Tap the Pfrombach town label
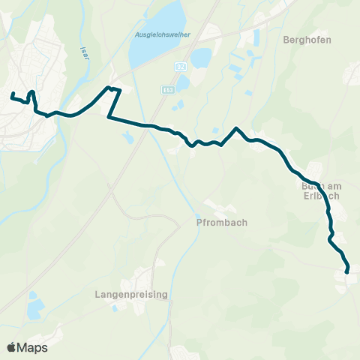coord(223,222)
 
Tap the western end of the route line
coord(12,94)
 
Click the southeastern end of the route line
coord(348,271)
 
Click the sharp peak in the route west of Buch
coord(236,128)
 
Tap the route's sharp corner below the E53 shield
coord(109,117)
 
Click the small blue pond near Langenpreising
coord(34,307)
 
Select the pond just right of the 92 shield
coord(201,58)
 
